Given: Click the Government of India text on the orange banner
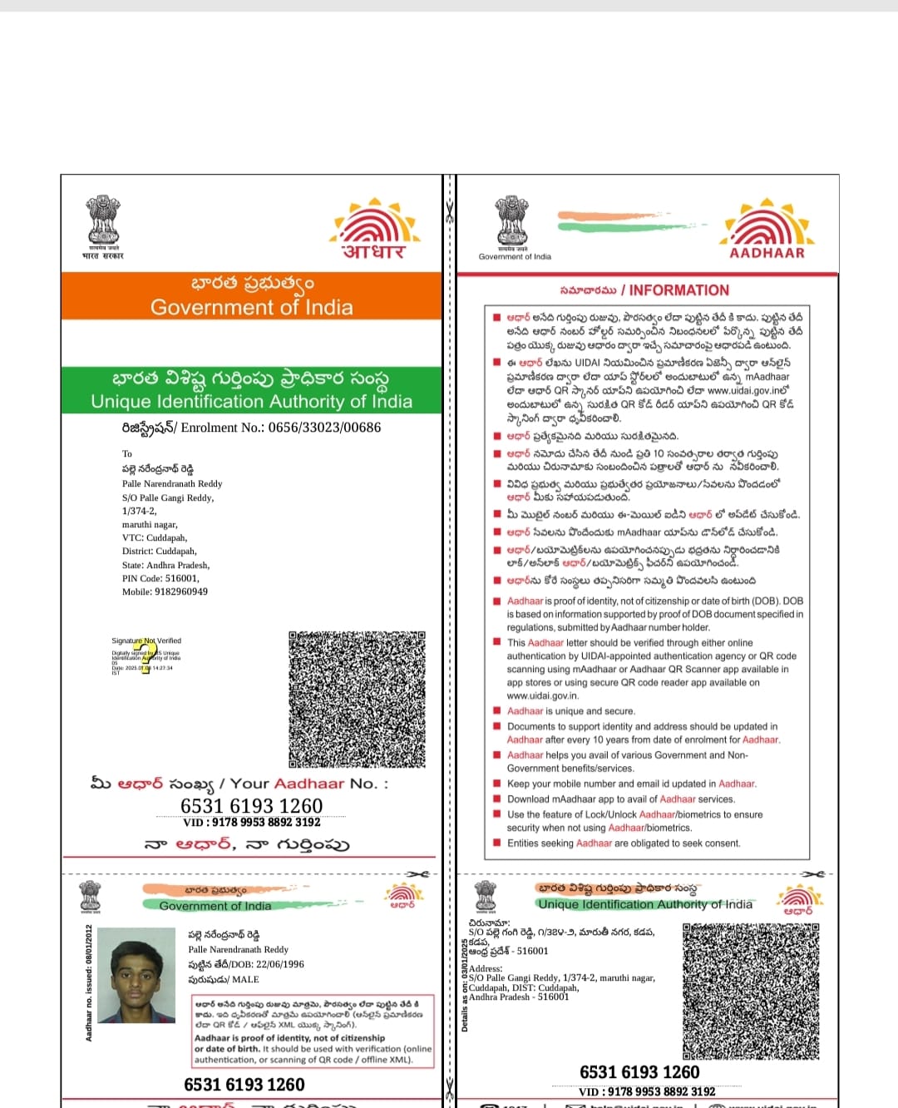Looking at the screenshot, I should point(251,307).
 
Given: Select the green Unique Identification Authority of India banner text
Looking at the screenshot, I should point(251,401).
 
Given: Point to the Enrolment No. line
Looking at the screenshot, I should point(251,428).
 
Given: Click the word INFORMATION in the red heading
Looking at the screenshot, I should point(678,290).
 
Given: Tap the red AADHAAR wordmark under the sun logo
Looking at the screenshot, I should point(767,253).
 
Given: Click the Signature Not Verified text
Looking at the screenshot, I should point(146,641).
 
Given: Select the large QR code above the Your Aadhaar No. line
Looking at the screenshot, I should point(357,699).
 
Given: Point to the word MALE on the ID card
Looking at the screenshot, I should point(245,979).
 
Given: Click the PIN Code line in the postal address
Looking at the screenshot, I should point(160,578).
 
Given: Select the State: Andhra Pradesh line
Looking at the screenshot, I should point(165,565).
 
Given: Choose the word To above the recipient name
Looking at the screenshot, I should point(127,453).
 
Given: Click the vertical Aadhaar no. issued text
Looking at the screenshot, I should point(89,982).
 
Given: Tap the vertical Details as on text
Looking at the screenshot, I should point(465,985).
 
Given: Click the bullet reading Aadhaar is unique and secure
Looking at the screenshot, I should point(570,711).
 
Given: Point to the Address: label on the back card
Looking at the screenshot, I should point(486,968).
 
